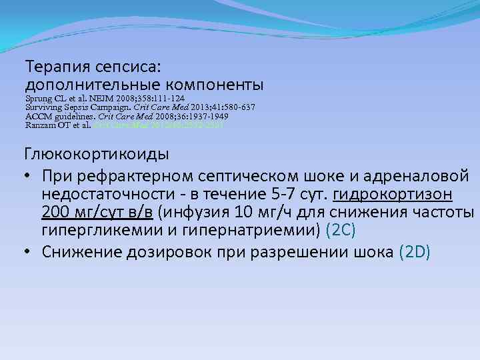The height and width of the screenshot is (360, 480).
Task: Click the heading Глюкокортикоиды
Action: tap(97, 154)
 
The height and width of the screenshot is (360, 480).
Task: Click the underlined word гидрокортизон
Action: tap(393, 194)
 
